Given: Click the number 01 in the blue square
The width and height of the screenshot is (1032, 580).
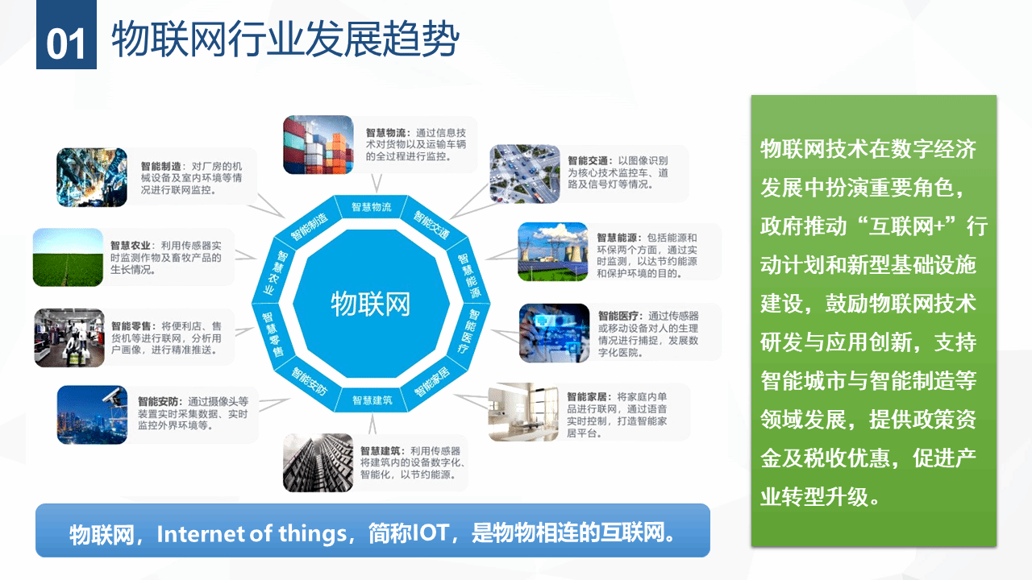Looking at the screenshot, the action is (x=66, y=44).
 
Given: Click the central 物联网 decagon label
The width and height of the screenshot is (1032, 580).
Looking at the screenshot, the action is (x=370, y=304).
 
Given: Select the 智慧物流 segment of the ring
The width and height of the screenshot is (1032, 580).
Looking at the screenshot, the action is (x=372, y=207).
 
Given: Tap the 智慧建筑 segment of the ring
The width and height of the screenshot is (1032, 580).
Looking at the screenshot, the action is (x=372, y=400).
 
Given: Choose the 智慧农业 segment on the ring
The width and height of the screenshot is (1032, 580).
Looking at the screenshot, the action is (x=273, y=272).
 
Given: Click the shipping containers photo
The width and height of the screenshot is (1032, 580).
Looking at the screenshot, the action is (x=318, y=145).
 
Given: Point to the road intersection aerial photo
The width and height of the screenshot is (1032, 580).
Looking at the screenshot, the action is (x=524, y=174).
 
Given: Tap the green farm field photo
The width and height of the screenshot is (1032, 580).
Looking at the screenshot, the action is (x=69, y=257).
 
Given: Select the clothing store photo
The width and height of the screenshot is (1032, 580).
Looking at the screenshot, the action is (x=69, y=338).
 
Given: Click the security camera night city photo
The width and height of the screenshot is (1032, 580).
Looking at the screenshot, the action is (x=92, y=415).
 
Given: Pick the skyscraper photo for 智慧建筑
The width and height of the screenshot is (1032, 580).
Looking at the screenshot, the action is (x=318, y=462).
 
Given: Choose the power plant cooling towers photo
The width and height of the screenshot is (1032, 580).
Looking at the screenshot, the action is (x=553, y=252).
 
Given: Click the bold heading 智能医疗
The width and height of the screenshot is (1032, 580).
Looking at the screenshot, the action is (x=618, y=317).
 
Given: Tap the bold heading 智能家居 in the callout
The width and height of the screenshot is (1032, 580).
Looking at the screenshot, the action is (x=586, y=397).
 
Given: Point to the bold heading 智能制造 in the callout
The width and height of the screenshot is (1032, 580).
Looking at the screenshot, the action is (x=160, y=166).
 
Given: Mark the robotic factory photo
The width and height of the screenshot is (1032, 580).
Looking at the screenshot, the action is (x=92, y=177).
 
